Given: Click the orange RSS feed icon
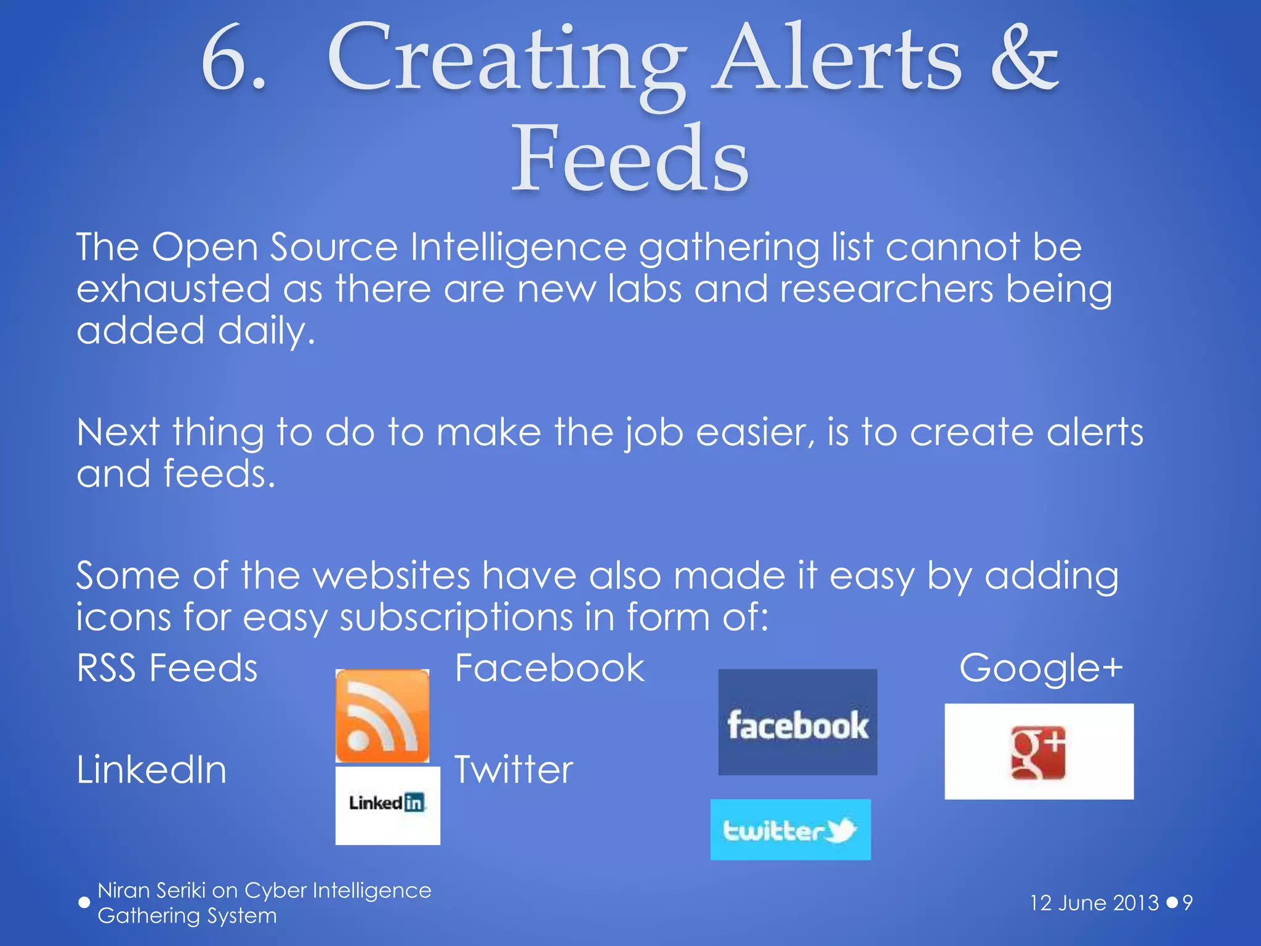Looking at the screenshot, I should click(x=382, y=716).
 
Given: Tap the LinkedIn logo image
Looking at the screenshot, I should click(x=387, y=804).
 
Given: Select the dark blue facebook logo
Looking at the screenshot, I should click(x=797, y=722).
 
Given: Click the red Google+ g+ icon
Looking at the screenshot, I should click(x=1038, y=752).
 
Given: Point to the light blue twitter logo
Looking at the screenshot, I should click(x=790, y=830).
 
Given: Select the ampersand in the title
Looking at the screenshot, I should click(x=1025, y=60).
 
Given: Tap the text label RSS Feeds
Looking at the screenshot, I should click(x=167, y=668).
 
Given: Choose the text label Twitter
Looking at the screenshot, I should click(x=514, y=770).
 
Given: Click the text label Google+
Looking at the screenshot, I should click(x=1041, y=668).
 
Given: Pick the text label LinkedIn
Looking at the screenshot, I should click(x=152, y=770).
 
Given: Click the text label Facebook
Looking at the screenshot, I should click(x=549, y=668).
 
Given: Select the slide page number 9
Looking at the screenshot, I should click(x=1187, y=903).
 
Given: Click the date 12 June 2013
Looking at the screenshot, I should click(x=1094, y=903).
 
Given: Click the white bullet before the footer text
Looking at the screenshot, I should click(x=84, y=902).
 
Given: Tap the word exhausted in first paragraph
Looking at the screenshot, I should click(x=174, y=289).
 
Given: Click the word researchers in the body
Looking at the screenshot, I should click(x=886, y=289).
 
